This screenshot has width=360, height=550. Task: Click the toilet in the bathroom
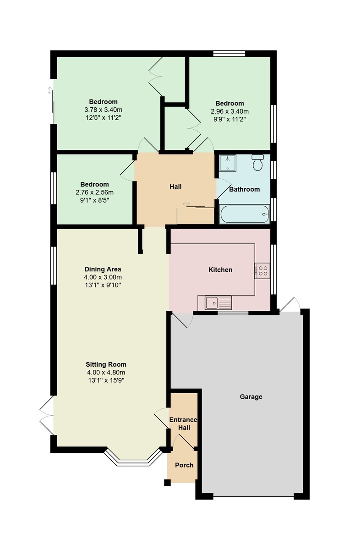pyautogui.click(x=257, y=162)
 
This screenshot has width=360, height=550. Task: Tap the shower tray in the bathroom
pyautogui.click(x=228, y=163)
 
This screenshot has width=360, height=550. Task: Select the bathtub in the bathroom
pyautogui.click(x=245, y=214)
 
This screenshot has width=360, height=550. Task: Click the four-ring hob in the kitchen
pyautogui.click(x=262, y=270)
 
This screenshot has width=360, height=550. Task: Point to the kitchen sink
pyautogui.click(x=218, y=303)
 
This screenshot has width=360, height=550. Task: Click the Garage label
pyautogui.click(x=251, y=396)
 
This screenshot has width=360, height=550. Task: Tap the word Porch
pyautogui.click(x=184, y=465)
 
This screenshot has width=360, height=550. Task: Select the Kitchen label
pyautogui.click(x=220, y=269)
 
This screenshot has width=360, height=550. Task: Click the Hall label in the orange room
pyautogui.click(x=175, y=187)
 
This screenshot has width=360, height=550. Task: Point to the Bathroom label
pyautogui.click(x=244, y=189)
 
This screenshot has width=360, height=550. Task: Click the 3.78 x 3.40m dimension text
pyautogui.click(x=104, y=110)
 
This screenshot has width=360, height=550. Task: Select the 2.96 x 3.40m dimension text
pyautogui.click(x=229, y=111)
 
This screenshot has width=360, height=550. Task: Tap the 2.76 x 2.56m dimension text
pyautogui.click(x=94, y=192)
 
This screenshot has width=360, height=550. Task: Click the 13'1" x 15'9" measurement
pyautogui.click(x=106, y=380)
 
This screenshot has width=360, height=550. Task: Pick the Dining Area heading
pyautogui.click(x=103, y=269)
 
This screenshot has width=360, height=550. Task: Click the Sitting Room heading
pyautogui.click(x=106, y=364)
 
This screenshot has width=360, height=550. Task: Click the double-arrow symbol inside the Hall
pyautogui.click(x=186, y=204)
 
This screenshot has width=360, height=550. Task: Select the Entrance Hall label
pyautogui.click(x=184, y=423)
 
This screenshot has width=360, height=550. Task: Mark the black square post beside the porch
pyautogui.click(x=167, y=482)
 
